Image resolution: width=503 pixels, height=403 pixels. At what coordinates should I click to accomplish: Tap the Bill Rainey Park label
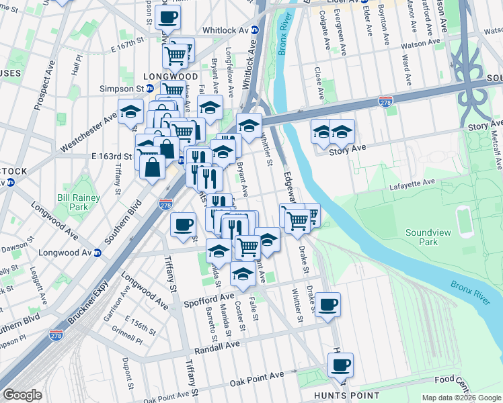[78, 203]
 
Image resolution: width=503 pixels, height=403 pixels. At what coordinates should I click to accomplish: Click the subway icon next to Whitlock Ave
[255, 30]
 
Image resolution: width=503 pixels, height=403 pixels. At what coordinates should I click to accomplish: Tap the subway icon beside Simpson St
[150, 88]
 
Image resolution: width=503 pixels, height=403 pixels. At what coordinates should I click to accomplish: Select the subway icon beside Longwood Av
[97, 253]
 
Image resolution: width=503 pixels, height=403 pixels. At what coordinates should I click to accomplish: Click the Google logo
[22, 395]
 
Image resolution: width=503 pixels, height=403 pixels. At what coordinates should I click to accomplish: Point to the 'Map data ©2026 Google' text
[461, 398]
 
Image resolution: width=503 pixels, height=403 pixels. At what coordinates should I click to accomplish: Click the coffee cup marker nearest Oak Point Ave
[340, 365]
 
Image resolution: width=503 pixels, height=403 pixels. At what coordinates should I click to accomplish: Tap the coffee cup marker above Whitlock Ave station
[167, 17]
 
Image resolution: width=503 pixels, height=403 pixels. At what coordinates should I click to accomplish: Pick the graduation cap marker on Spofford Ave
[242, 273]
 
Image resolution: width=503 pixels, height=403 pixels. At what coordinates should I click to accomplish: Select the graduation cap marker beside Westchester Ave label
[130, 111]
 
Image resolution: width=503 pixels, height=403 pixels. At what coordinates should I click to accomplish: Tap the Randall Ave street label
[217, 349]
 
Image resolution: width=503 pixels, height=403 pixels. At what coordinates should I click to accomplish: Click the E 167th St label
[129, 42]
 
